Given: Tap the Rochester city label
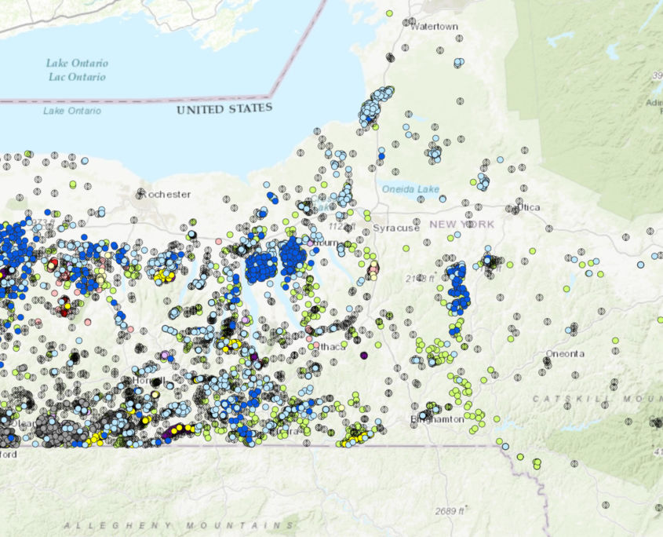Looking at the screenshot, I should [165, 193].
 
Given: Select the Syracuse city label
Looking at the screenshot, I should [396, 228].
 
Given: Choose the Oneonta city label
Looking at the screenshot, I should [565, 353].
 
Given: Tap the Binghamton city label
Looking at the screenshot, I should [437, 419].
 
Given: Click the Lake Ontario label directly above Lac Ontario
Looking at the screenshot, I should [77, 63].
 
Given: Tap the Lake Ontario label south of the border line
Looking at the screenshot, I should [72, 111].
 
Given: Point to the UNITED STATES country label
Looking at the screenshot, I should [224, 108].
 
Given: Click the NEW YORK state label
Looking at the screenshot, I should [462, 225].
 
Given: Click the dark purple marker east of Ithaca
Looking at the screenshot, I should [364, 356].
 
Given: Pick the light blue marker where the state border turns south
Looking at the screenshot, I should [506, 447].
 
